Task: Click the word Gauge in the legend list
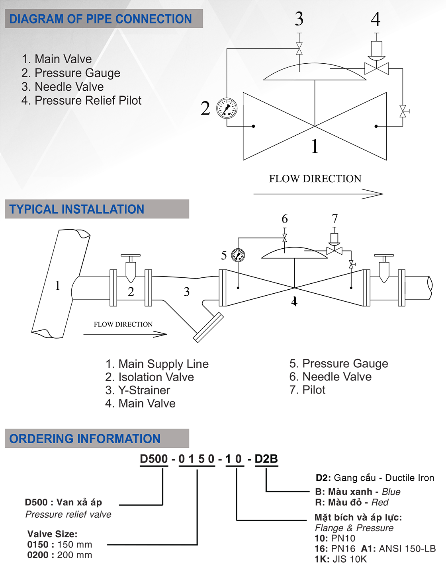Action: [x=105, y=73]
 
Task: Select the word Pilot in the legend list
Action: [x=130, y=100]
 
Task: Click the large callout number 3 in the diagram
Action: [x=299, y=19]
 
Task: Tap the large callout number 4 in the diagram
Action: [x=376, y=19]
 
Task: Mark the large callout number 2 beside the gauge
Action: [x=205, y=108]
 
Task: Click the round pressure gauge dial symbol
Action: [x=226, y=107]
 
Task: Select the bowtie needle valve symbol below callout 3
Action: [x=299, y=49]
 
